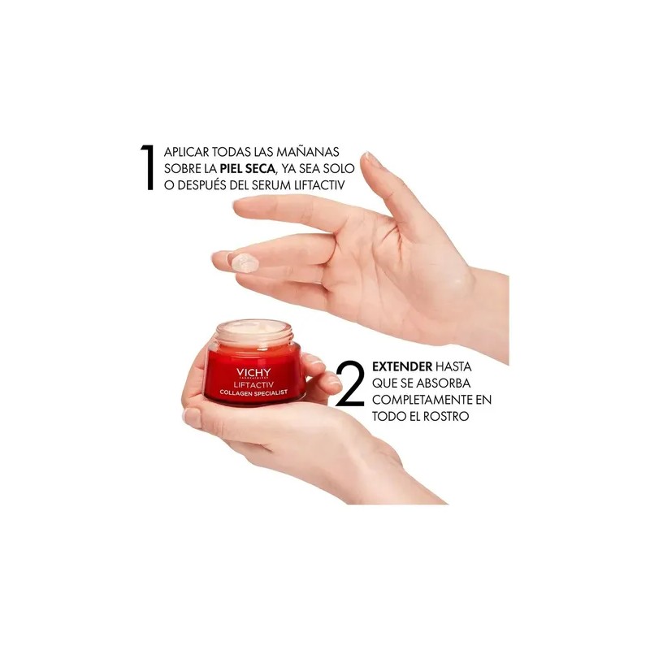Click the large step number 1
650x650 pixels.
(148, 167)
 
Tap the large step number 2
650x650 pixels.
(350, 383)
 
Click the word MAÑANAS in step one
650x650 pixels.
(308, 152)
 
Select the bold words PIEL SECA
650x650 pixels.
(248, 168)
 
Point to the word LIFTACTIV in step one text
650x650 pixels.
(319, 185)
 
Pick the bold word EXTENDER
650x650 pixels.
(402, 366)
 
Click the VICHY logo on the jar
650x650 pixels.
(253, 372)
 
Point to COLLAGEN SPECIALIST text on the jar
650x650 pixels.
(253, 392)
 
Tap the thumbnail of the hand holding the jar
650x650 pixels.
(192, 418)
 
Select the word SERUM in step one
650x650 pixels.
(271, 185)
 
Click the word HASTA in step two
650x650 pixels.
(453, 366)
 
